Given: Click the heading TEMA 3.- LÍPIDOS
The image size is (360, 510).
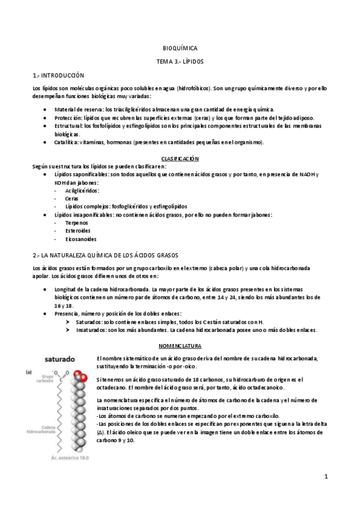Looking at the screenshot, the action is click(x=180, y=61).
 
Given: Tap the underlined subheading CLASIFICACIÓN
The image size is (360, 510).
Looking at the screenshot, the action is click(x=180, y=158).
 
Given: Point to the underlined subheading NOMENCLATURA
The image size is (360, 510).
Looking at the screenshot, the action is click(x=180, y=346).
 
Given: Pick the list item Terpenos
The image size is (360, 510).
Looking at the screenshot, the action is click(x=76, y=223).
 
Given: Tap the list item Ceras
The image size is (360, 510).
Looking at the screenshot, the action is click(x=72, y=198).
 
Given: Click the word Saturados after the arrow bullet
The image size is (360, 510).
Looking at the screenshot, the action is click(x=90, y=322).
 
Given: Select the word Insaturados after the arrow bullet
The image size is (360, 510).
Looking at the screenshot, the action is click(x=91, y=330).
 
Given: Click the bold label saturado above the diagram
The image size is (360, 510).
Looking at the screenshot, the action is click(x=58, y=359).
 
